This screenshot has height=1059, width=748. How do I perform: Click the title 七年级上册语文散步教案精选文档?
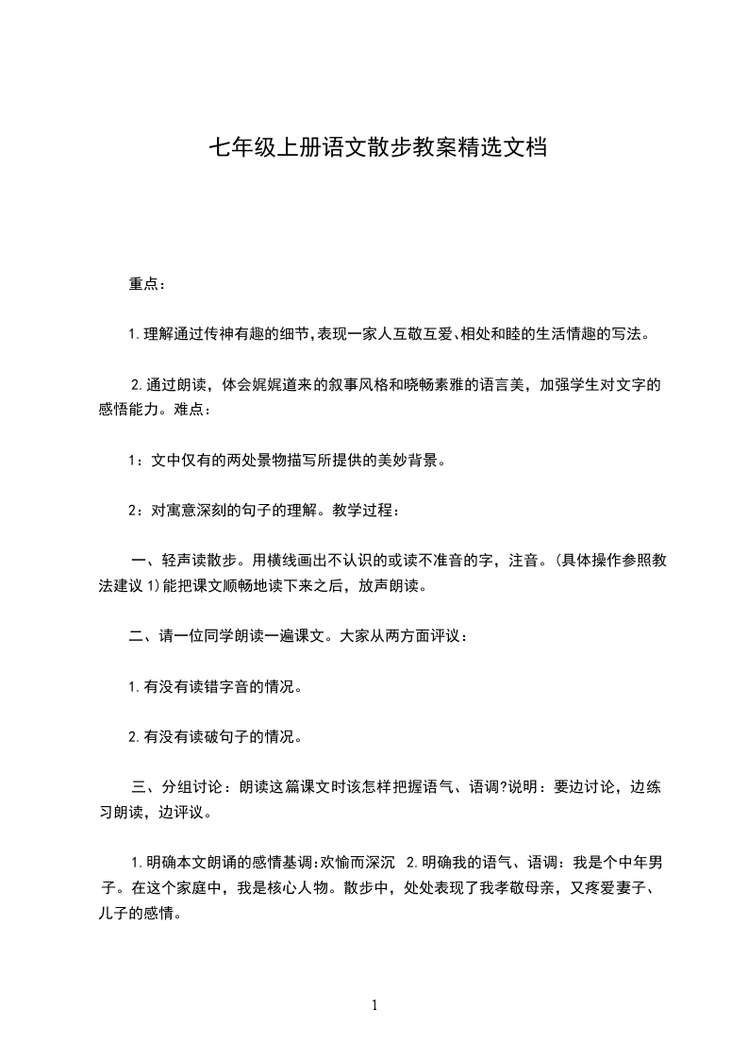[x=377, y=148]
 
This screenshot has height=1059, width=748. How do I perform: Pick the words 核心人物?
[x=295, y=888]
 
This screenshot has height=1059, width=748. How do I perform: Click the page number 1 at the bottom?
[x=374, y=1006]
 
